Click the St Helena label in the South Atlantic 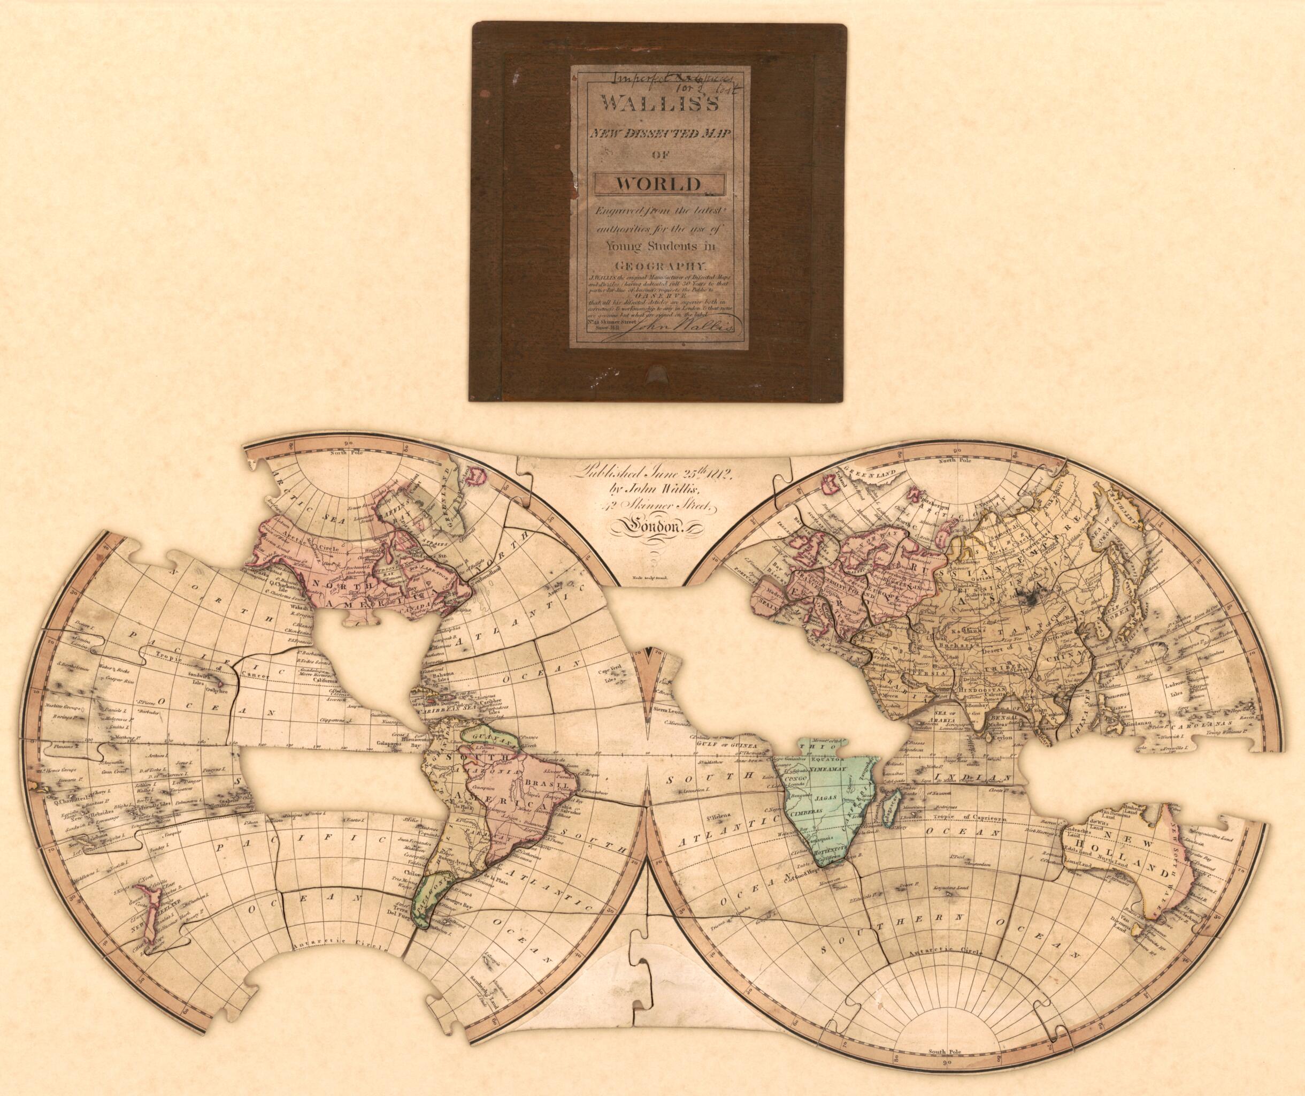[x=715, y=815]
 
